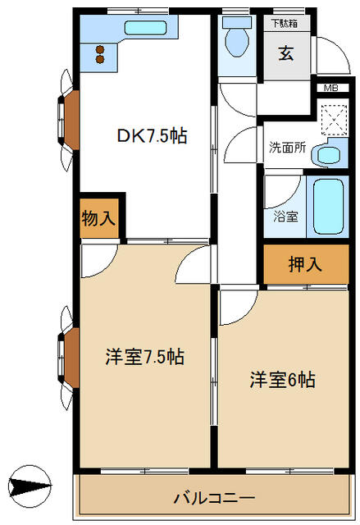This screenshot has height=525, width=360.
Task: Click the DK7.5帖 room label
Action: coord(152,136)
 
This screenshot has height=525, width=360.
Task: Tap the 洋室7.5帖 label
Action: coord(144,356)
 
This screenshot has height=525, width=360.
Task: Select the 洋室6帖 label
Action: coord(282,380)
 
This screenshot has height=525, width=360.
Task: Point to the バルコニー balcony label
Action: coord(214,498)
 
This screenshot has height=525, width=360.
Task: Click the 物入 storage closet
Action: coord(99,218)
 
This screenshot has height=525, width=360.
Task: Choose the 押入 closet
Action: coord(306,264)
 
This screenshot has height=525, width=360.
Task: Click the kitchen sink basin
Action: coord(145,28)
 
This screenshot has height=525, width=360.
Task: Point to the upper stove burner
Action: coord(100,50)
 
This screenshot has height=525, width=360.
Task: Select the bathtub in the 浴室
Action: coord(329,207)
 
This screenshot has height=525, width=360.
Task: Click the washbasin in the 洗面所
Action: coord(329,155)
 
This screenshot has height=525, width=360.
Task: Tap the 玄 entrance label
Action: coord(286,52)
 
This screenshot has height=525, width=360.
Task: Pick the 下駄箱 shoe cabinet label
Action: coord(285,24)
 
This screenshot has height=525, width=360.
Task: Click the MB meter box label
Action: coord(331,88)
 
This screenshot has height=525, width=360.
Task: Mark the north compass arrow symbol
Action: coord(30,485)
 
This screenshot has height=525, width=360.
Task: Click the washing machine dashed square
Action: coord(335,120)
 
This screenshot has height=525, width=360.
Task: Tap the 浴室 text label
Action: coord(285,217)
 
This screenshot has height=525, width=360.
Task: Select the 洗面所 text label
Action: coord(287,148)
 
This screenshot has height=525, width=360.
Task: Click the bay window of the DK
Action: coord(69,121)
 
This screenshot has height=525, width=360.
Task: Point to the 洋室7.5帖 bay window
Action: coord(69,358)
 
